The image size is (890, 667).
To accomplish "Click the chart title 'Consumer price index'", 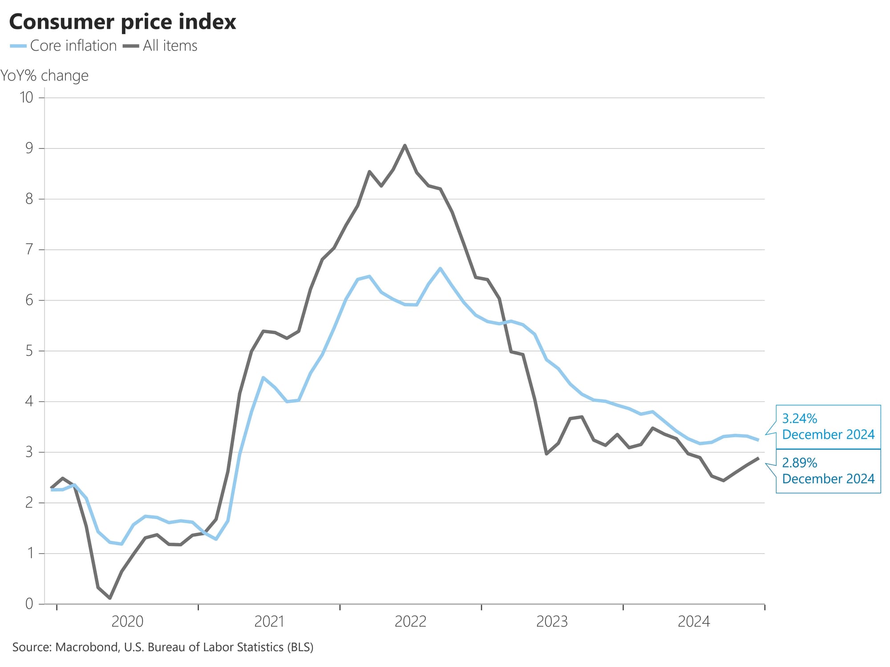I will (122, 22).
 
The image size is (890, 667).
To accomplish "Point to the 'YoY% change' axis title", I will (44, 76).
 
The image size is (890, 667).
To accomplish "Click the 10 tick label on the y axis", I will (26, 97).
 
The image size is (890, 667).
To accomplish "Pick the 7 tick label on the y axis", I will (29, 249).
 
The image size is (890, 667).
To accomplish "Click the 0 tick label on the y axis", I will (29, 604).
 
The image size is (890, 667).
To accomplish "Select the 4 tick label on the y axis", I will (29, 402).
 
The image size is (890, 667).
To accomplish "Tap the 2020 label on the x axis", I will (127, 622).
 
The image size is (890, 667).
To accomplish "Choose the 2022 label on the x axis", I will (410, 622).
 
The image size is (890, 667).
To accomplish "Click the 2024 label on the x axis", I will (693, 622).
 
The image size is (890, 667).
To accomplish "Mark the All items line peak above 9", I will (405, 145).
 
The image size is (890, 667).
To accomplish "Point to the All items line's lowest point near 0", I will (110, 598).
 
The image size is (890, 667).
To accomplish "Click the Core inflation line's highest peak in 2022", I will (440, 268).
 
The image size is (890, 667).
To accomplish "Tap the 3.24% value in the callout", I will (800, 418).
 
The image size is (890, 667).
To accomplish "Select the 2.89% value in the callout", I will (800, 463).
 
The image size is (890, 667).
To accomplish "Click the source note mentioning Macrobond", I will (163, 647).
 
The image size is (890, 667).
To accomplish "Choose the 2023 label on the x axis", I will (552, 622).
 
